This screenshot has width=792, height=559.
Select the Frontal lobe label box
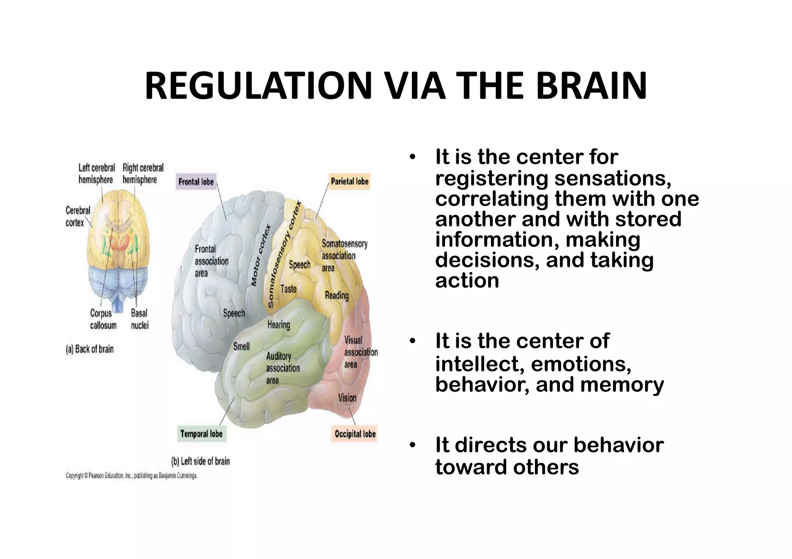[x=196, y=182]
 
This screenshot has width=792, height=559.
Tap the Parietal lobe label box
[x=350, y=181]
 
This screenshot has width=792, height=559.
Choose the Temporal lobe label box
[x=201, y=434]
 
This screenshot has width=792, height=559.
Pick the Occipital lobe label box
[x=355, y=434]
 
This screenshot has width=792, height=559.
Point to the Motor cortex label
[x=262, y=255]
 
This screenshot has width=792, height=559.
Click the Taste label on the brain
[x=288, y=289]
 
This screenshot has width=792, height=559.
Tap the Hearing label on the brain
[x=278, y=325]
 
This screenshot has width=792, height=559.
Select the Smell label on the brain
[x=241, y=346]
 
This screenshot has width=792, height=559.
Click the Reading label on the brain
[x=336, y=296]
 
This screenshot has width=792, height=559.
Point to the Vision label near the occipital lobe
[x=347, y=398]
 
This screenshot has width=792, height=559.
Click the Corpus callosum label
[x=103, y=319]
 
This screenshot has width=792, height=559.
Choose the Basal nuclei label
[x=139, y=319]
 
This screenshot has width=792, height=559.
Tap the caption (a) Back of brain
[x=90, y=349]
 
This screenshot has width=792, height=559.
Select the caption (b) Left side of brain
[x=200, y=461]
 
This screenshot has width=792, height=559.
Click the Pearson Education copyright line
[x=131, y=476]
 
